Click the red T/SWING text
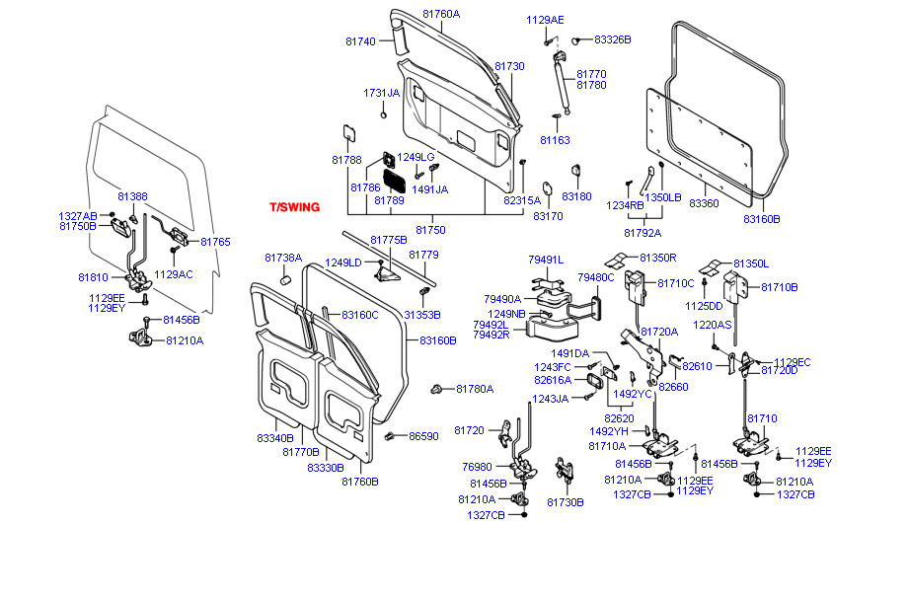click(x=294, y=207)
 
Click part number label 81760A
click(x=441, y=14)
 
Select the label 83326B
click(x=612, y=39)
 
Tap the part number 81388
click(x=132, y=196)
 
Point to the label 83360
click(x=704, y=202)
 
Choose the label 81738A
click(x=283, y=258)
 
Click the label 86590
click(x=423, y=435)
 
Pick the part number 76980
click(x=477, y=467)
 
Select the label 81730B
click(x=566, y=501)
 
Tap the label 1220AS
click(x=712, y=325)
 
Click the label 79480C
click(x=596, y=277)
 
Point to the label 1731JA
click(x=381, y=93)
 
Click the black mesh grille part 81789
click(x=394, y=182)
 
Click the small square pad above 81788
click(x=347, y=131)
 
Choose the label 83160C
click(x=360, y=315)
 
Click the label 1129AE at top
click(x=545, y=20)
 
